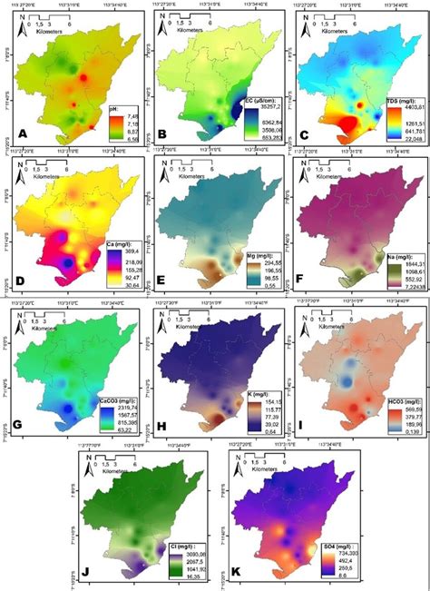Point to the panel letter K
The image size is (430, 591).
point(234,570)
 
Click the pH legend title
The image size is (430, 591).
point(114,106)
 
